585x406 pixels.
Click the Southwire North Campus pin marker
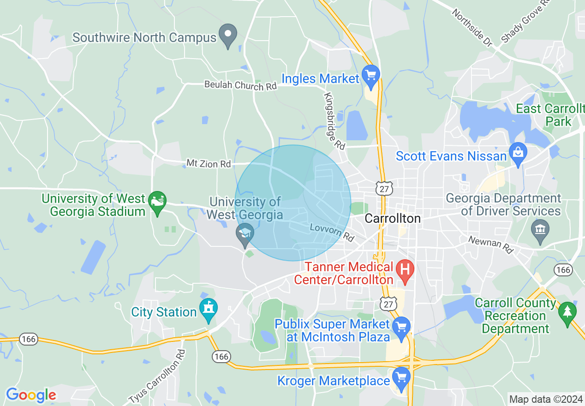[x=227, y=35]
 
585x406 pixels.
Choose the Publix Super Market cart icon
[x=401, y=328]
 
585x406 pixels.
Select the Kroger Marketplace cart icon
[x=401, y=377]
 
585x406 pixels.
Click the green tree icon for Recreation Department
[x=567, y=312]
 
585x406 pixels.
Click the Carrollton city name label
[x=393, y=218]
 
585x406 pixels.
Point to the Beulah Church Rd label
[x=240, y=85]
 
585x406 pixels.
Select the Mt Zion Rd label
[x=208, y=163]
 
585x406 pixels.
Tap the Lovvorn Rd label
[x=332, y=232]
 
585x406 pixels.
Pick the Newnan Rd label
[x=491, y=245]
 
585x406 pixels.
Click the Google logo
[x=30, y=395]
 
